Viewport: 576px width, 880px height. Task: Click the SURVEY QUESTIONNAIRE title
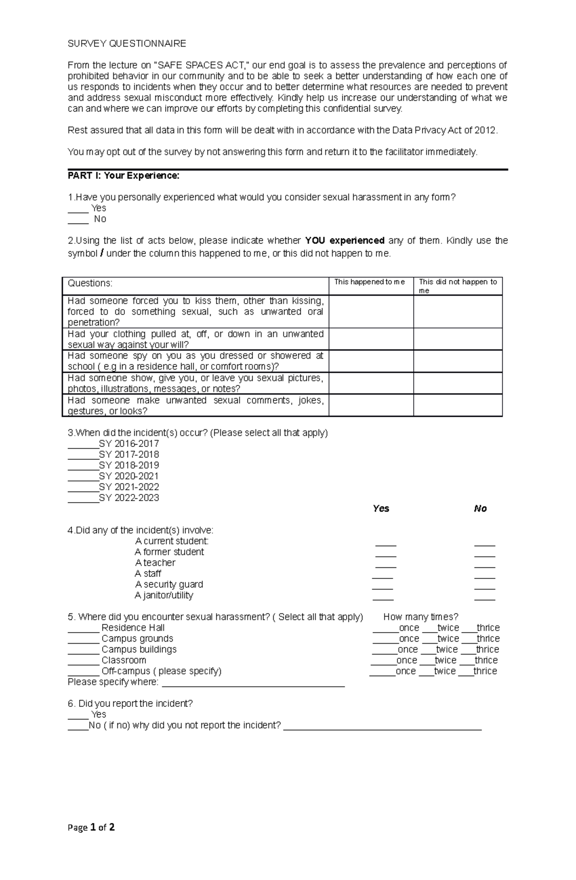127,44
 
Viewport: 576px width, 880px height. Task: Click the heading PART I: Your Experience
123,176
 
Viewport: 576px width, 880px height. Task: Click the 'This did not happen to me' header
457,286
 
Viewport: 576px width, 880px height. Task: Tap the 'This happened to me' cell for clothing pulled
371,339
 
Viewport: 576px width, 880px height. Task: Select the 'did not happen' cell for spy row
457,361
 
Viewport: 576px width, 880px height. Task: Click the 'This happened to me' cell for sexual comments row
371,405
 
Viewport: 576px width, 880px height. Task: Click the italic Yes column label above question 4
381,508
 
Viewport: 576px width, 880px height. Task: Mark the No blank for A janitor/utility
484,598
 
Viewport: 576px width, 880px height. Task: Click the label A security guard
169,584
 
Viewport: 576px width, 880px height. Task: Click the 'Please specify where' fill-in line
253,683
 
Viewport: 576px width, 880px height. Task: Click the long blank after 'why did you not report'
382,727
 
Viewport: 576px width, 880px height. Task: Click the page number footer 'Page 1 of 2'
91,827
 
